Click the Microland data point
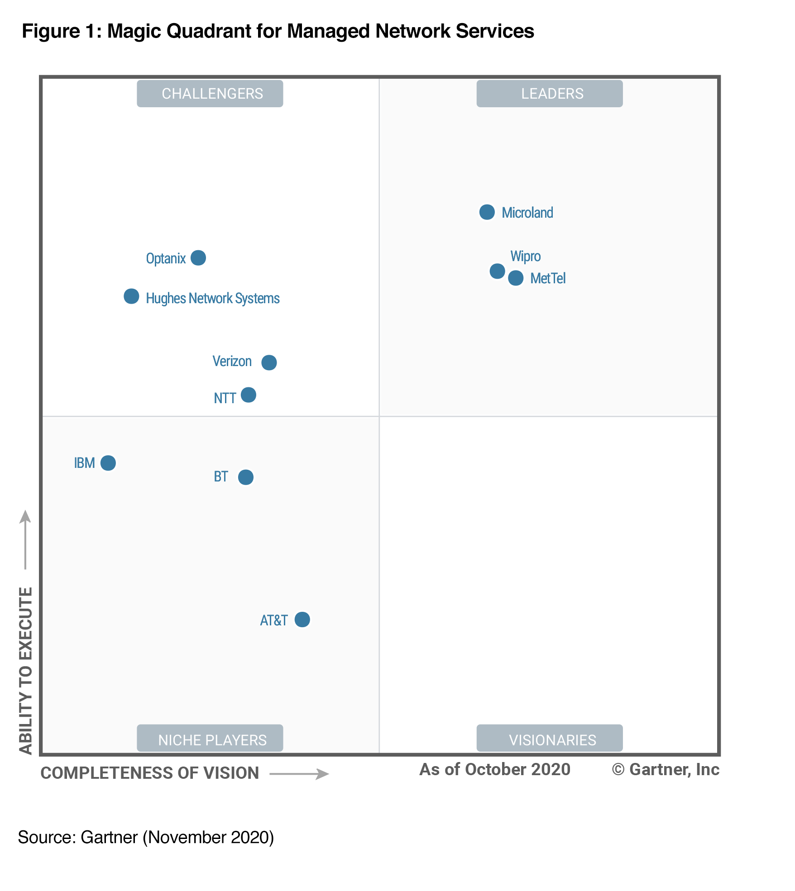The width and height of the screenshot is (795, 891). [487, 212]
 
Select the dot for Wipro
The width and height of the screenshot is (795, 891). [497, 271]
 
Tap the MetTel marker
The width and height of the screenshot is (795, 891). [516, 278]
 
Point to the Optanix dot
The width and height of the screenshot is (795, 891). [198, 258]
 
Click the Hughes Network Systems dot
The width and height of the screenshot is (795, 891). [131, 296]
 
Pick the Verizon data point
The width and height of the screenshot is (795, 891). [269, 362]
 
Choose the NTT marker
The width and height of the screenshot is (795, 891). [248, 395]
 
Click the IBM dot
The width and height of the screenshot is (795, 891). [108, 463]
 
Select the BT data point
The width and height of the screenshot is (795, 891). [246, 477]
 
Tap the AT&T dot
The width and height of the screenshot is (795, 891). [302, 619]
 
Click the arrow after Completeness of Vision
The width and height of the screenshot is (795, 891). [299, 774]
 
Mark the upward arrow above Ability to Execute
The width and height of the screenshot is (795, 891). [25, 538]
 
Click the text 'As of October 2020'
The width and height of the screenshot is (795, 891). [495, 770]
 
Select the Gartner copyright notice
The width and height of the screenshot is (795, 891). [666, 770]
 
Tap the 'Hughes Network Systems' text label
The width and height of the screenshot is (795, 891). [213, 299]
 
